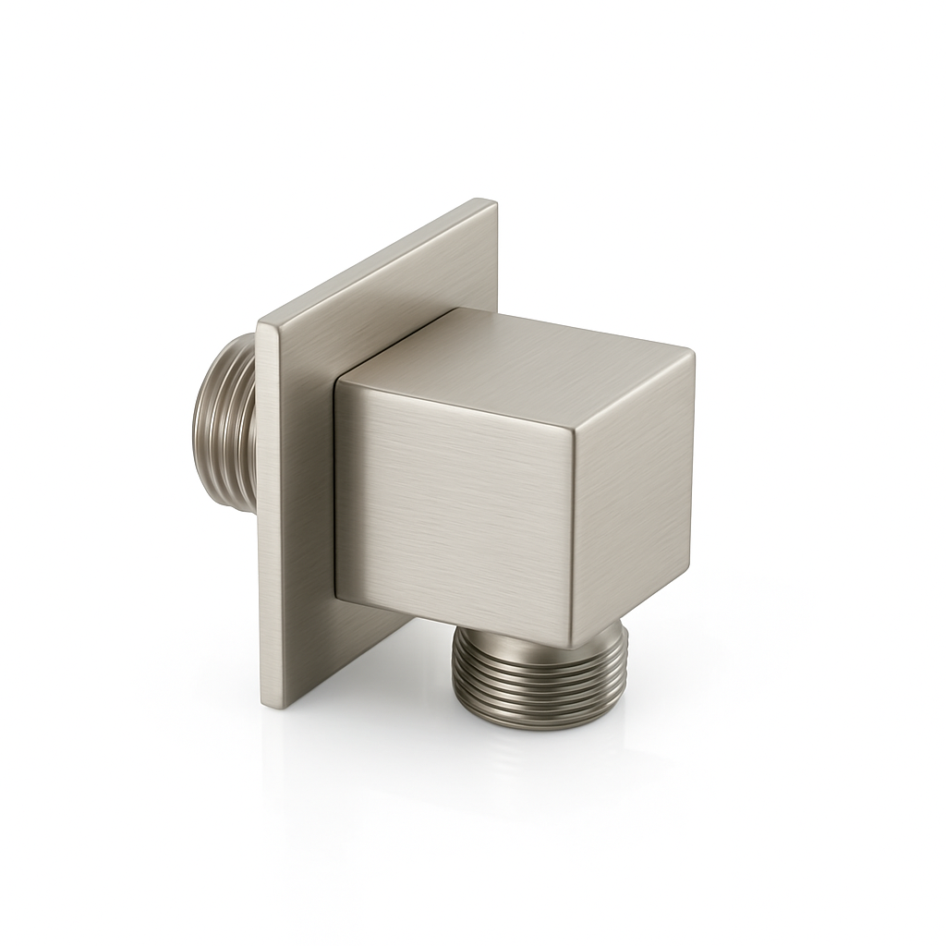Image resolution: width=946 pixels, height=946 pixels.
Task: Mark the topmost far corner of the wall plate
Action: point(487,201)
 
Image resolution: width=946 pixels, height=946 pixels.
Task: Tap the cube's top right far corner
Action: point(691,351)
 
